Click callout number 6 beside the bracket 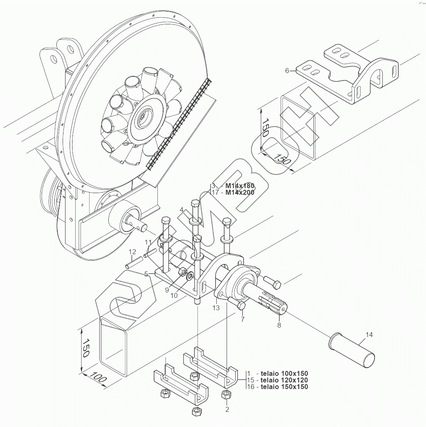(287, 71)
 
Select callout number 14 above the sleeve (369, 335)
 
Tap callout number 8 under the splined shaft (279, 326)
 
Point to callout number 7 (242, 319)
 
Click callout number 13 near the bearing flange (216, 307)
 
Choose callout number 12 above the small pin (132, 252)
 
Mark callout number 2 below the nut (227, 410)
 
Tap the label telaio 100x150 (284, 373)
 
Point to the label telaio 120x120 (284, 380)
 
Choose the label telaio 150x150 (284, 387)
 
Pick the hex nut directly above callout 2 (226, 394)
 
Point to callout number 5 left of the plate (146, 273)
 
